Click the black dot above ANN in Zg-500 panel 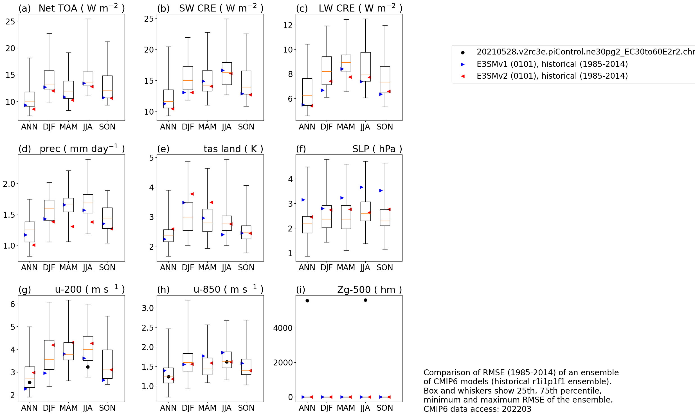coord(307,301)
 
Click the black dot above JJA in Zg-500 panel coord(365,300)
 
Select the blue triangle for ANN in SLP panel coord(303,200)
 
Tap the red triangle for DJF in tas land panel coord(192,194)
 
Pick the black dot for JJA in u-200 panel coord(88,367)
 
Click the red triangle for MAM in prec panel coord(72,226)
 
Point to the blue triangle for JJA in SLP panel coord(361,187)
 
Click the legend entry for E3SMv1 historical coord(552,64)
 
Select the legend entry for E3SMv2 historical coord(552,76)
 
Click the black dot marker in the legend coord(463,53)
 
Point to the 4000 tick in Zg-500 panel coord(283,328)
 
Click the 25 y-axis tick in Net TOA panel coord(10,21)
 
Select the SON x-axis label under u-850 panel coord(246,408)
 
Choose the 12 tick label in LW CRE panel coord(288,25)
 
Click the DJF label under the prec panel coord(49,267)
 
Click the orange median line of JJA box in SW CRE coord(227,72)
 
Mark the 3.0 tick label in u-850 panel coord(148,308)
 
